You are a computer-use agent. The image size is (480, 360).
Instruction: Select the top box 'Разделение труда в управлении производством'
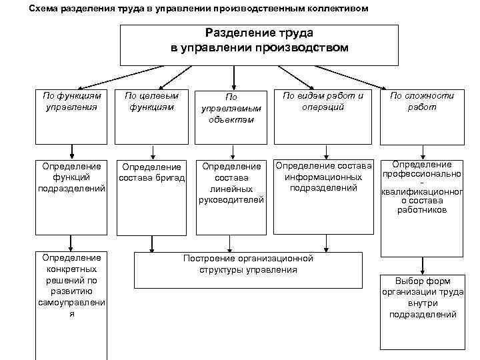(x=258, y=44)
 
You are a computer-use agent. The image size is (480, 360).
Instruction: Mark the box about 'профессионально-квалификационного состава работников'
(x=421, y=207)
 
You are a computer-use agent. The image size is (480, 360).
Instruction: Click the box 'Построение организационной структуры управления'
(x=248, y=267)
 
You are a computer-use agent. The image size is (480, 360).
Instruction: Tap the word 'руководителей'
(x=231, y=199)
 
